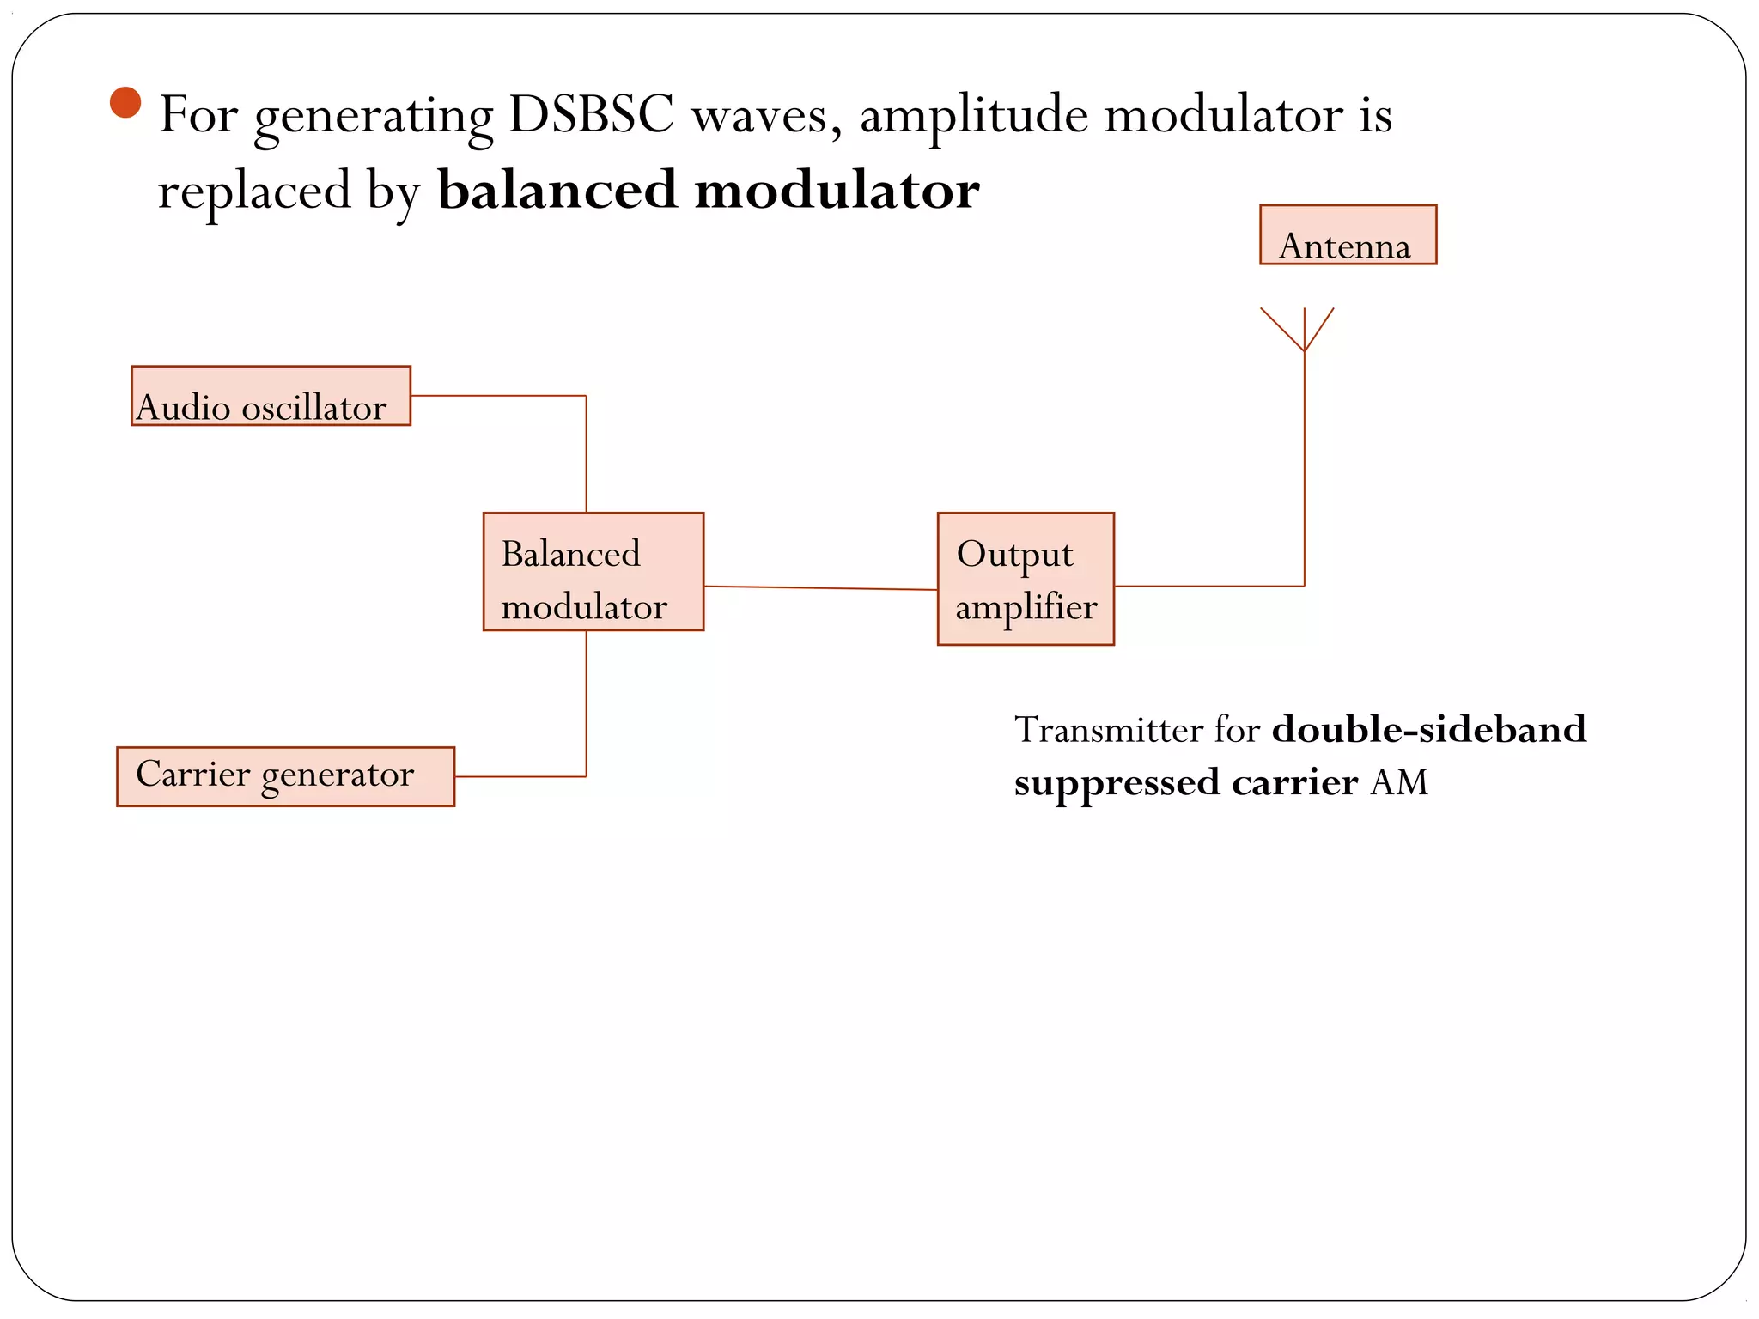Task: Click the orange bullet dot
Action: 125,103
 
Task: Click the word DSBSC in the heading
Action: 591,113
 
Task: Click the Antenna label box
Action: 1348,235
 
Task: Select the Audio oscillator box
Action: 271,397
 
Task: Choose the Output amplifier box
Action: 1026,580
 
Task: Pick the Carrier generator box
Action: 285,776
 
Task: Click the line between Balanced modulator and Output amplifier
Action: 820,588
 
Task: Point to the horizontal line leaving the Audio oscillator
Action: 498,396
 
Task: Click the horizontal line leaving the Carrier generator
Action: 520,776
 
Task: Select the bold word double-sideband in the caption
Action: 1428,730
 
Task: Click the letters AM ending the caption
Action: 1399,782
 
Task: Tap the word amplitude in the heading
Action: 974,115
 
